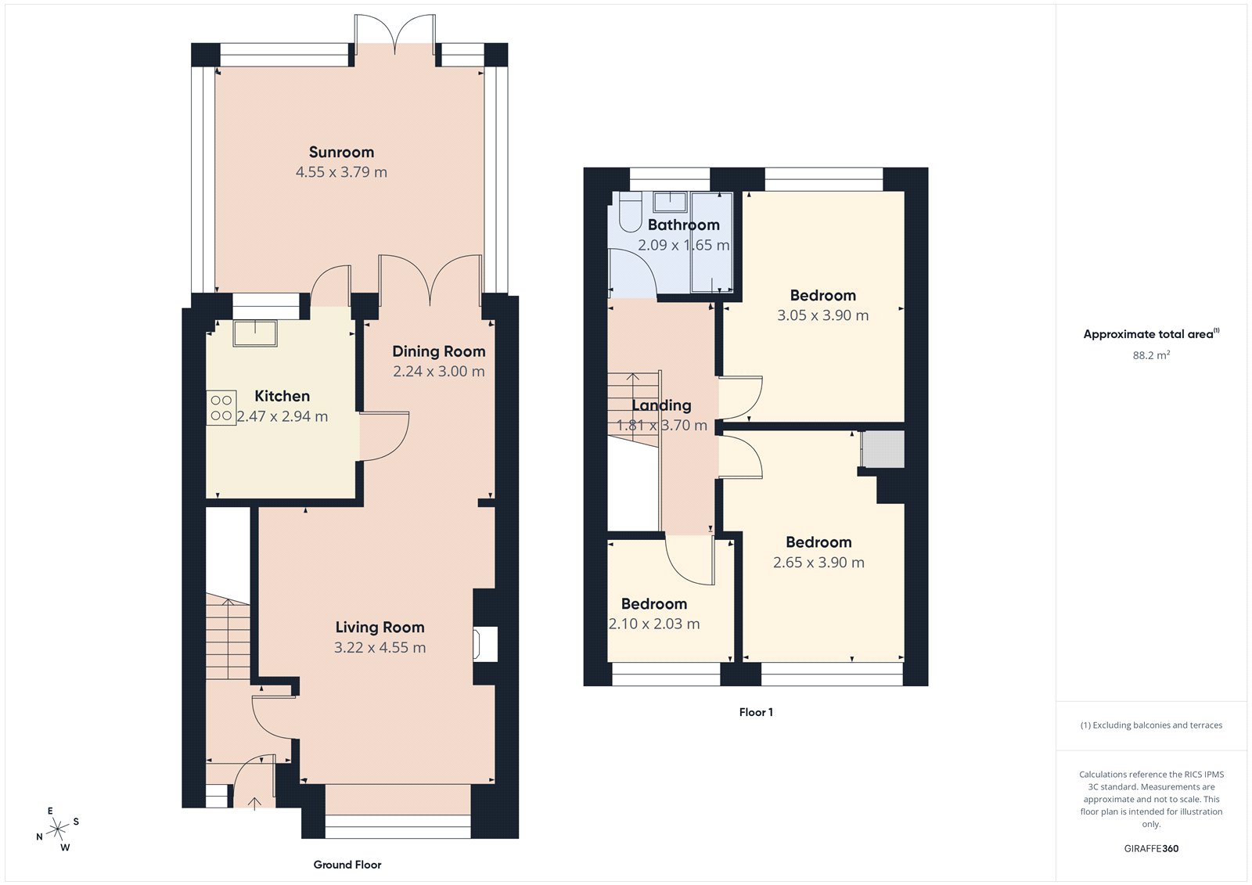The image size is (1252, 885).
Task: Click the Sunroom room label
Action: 341,152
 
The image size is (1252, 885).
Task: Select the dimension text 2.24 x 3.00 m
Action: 438,372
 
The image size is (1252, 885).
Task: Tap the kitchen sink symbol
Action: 254,333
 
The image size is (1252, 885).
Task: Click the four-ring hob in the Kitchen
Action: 221,408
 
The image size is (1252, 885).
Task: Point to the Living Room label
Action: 380,627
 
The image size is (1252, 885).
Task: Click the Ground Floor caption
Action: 347,865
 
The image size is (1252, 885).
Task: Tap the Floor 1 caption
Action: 755,712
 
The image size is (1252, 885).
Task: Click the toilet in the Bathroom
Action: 631,211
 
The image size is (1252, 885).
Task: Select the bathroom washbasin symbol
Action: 670,202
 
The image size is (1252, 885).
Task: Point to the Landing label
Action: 661,405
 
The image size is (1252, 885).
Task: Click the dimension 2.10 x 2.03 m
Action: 654,624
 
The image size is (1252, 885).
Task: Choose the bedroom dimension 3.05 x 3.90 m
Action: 822,315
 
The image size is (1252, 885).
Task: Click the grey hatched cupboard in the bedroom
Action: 883,449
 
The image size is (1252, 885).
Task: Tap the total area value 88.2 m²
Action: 1151,355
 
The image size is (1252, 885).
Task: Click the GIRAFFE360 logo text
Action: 1151,848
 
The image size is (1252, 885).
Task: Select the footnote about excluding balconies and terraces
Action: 1151,725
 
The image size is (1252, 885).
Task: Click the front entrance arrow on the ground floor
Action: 254,803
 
